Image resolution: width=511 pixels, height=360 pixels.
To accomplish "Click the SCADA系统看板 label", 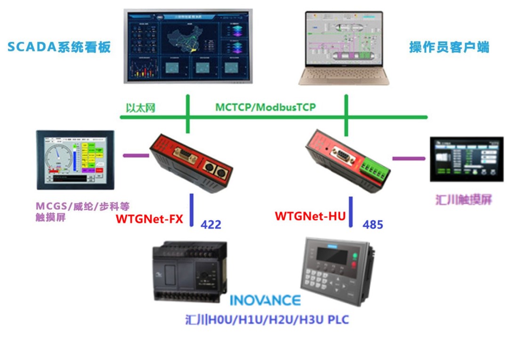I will pyautogui.click(x=59, y=47).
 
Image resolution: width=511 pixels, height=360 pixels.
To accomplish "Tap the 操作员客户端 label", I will pyautogui.click(x=449, y=47).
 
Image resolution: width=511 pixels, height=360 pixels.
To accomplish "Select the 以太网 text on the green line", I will pyautogui.click(x=140, y=108).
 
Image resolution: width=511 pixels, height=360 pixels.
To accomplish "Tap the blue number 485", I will pyautogui.click(x=373, y=224).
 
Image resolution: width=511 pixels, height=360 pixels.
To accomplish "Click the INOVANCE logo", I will pyautogui.click(x=265, y=300).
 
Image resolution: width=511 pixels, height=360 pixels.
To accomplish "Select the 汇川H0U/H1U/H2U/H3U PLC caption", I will pyautogui.click(x=267, y=320).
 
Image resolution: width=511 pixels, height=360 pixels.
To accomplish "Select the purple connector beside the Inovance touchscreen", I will pyautogui.click(x=409, y=158).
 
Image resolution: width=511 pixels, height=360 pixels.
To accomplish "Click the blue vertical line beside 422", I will pyautogui.click(x=192, y=209).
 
